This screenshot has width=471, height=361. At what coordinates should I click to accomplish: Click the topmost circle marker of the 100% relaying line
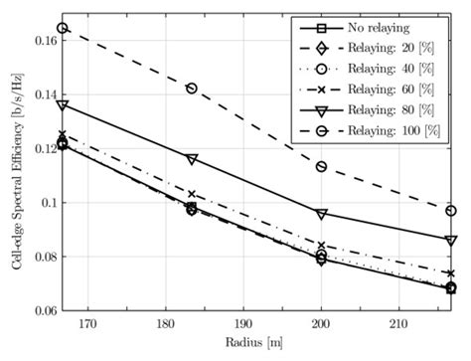pos(63,28)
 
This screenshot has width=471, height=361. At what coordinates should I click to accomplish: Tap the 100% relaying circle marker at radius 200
pos(321,166)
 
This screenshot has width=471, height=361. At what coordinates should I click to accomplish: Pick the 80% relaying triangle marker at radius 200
pos(321,213)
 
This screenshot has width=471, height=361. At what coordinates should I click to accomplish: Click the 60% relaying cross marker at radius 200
pos(321,246)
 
